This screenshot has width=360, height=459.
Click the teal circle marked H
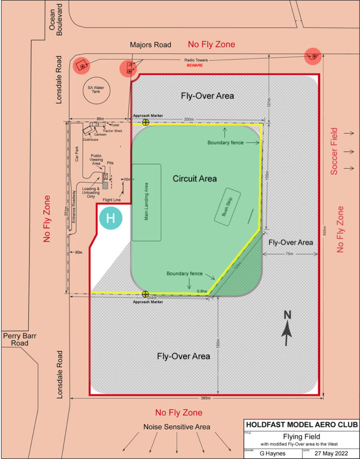[x=111, y=218]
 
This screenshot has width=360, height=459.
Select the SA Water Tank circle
[x=95, y=90]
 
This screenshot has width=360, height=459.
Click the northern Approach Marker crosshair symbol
[x=146, y=122]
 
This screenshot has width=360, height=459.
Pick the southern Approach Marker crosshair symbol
[x=146, y=294]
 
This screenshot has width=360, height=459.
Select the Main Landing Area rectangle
[x=146, y=202]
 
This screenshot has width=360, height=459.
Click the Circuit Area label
[x=195, y=178]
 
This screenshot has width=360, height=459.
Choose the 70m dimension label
[x=289, y=254]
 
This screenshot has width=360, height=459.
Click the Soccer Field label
[x=334, y=151]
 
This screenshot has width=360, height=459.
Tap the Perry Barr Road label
[x=16, y=339]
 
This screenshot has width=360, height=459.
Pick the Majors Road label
[x=150, y=45]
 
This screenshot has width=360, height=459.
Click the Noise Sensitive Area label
[x=177, y=427]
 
